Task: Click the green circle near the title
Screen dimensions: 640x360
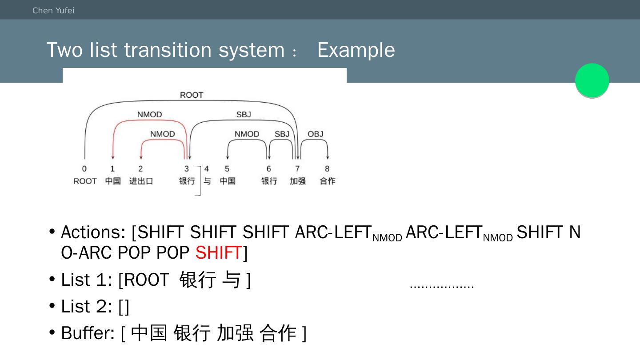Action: point(592,80)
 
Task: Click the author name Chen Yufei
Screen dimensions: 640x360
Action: point(53,11)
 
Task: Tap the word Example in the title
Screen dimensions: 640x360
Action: point(356,50)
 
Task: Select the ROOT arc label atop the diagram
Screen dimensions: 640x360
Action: point(192,95)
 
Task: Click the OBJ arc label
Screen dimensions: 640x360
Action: point(316,134)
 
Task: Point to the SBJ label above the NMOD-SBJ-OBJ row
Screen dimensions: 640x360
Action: point(244,115)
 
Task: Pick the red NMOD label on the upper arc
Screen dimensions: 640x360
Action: point(149,115)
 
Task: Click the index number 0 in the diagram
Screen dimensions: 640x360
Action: point(84,169)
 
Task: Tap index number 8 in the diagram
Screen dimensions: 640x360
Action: point(327,169)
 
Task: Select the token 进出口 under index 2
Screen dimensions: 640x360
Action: point(141,181)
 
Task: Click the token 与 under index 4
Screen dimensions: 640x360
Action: point(207,181)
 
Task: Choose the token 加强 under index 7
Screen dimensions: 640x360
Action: point(298,181)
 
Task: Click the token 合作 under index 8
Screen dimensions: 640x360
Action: point(328,181)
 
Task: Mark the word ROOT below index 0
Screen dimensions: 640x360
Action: point(85,181)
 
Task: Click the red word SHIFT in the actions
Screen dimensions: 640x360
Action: point(218,252)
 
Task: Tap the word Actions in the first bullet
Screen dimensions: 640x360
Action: point(93,232)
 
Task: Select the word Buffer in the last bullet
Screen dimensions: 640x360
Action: point(88,333)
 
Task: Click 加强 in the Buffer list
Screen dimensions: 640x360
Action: point(235,333)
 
